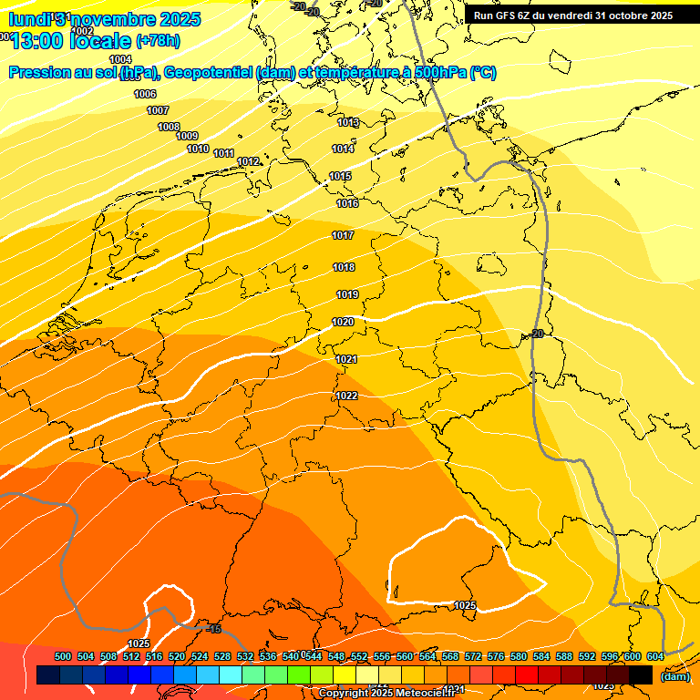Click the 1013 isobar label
pos(348,122)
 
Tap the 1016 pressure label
pos(347,203)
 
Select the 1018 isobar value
pos(345,267)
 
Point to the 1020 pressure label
pos(343,322)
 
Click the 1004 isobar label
pos(120,59)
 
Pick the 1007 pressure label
pos(158,110)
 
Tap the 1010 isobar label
pos(198,149)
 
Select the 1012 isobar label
pos(248,161)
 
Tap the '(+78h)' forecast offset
pos(159,42)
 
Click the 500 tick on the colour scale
pos(63,656)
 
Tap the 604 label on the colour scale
pos(654,656)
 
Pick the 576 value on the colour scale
pos(496,656)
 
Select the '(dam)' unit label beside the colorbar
pos(674,676)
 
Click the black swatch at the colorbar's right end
pos(641,675)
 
